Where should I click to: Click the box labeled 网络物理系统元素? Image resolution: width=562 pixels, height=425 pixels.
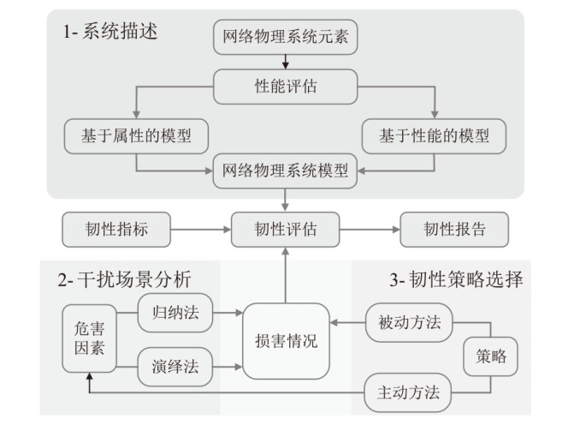coord(284,38)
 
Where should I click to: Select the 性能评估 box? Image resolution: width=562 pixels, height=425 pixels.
coord(284,87)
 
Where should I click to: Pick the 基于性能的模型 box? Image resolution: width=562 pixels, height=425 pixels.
coord(434,135)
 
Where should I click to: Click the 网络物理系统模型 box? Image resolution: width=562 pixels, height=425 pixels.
coord(284,169)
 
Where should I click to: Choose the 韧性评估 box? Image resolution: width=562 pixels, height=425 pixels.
coord(285,230)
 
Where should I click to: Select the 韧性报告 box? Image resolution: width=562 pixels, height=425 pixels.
coord(454,230)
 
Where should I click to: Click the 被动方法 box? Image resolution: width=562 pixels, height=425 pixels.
coord(408,322)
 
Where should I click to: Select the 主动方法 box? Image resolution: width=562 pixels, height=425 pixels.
coord(408,393)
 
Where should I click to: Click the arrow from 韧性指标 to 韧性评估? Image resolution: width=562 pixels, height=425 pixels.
coord(201,230)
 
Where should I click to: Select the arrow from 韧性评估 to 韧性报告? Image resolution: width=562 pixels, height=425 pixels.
coord(370,230)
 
